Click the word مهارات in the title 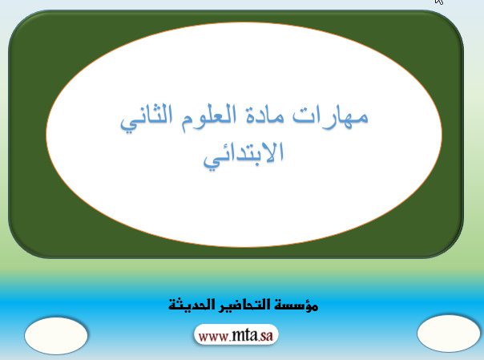pos(330,115)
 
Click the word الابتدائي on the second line pos(244,156)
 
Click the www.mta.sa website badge pos(236,335)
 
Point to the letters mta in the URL pos(244,335)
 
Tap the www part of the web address pos(213,337)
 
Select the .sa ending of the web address pos(265,336)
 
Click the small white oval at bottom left pos(56,336)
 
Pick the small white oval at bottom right pos(449,334)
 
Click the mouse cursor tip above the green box pos(436,0)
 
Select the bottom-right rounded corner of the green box pos(454,249)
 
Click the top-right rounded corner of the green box pos(454,20)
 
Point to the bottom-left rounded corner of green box pos(18,249)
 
